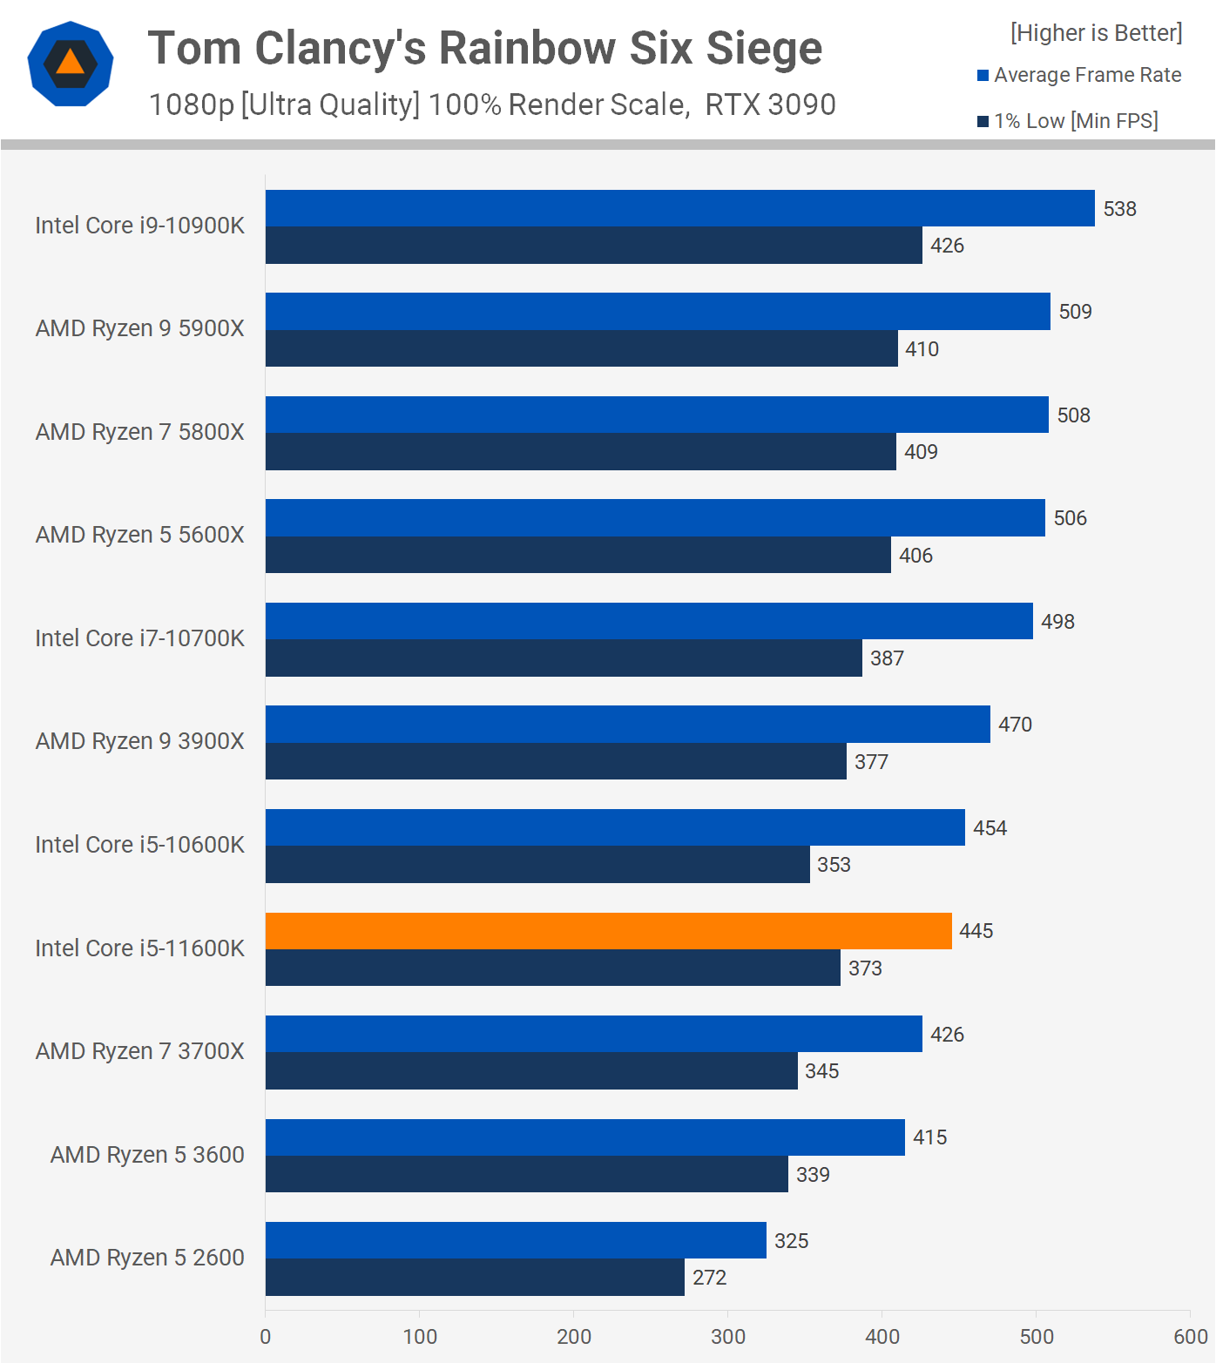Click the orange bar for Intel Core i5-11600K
(608, 931)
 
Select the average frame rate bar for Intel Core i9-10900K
(679, 208)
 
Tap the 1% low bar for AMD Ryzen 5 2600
(475, 1278)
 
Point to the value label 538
(1119, 209)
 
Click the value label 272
(709, 1278)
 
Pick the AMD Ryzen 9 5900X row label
(139, 328)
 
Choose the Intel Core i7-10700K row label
(139, 638)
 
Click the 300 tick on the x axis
(728, 1337)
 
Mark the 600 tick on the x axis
(1190, 1337)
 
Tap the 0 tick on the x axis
(266, 1337)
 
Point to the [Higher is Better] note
(1096, 33)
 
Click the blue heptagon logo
(71, 64)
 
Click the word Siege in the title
(764, 48)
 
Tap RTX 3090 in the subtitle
(770, 105)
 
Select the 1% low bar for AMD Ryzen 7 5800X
(580, 452)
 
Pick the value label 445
(976, 931)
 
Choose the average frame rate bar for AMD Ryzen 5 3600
(584, 1137)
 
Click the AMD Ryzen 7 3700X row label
(139, 1051)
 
